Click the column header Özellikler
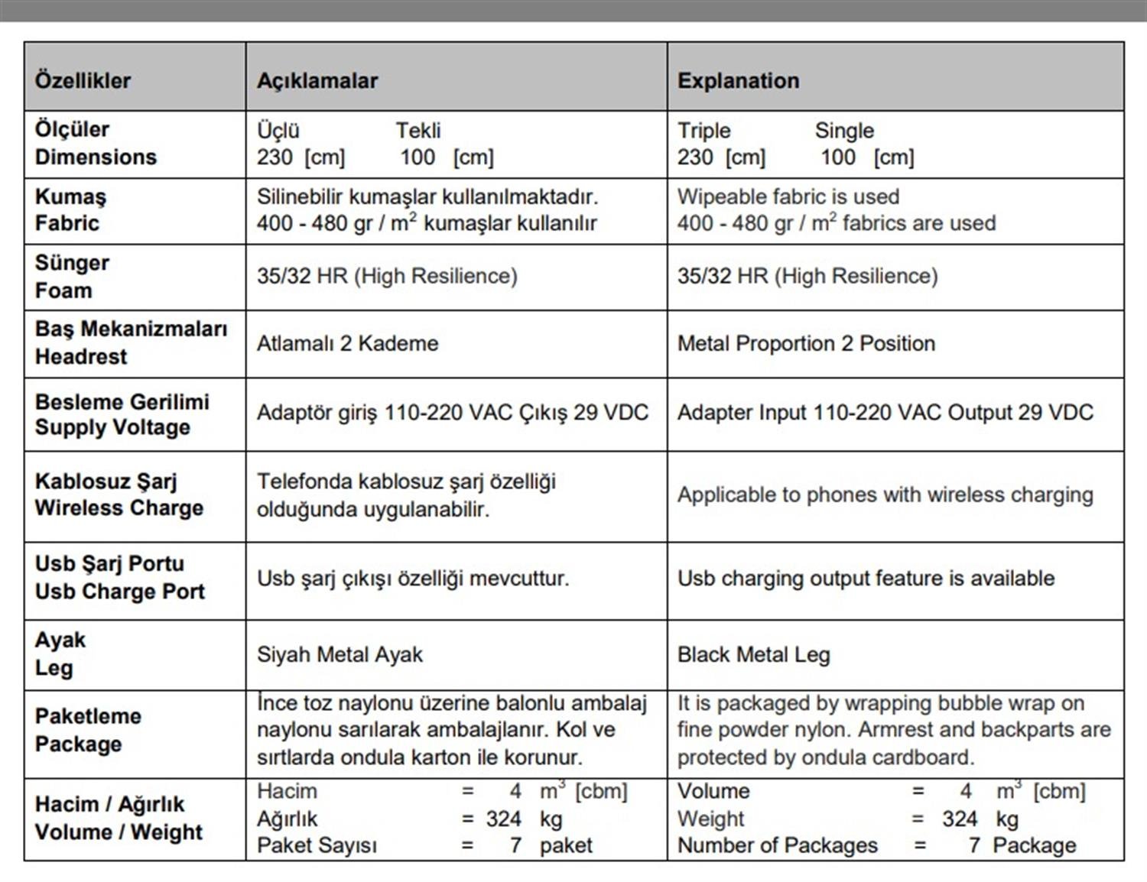pyautogui.click(x=83, y=80)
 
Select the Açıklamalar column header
pyautogui.click(x=317, y=80)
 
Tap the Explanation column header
pyautogui.click(x=738, y=80)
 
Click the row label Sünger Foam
pyautogui.click(x=72, y=277)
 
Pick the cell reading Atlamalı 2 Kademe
pyautogui.click(x=347, y=343)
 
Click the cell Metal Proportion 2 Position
pyautogui.click(x=806, y=343)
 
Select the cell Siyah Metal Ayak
pyautogui.click(x=340, y=654)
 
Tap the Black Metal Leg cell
pyautogui.click(x=753, y=654)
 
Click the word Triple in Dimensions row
pyautogui.click(x=703, y=131)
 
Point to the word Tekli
pyautogui.click(x=418, y=131)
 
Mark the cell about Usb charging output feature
pyautogui.click(x=866, y=578)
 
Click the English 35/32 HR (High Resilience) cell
pyautogui.click(x=807, y=276)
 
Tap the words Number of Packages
pyautogui.click(x=777, y=845)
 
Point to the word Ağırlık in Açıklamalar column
pyautogui.click(x=287, y=819)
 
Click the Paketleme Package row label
pyautogui.click(x=88, y=730)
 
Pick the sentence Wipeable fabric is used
pyautogui.click(x=788, y=196)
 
